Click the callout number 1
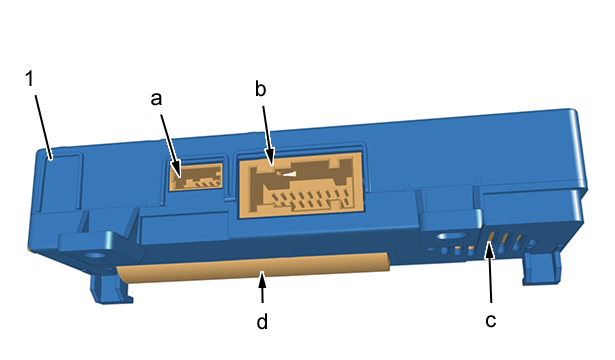coord(30,78)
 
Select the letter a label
coord(156,98)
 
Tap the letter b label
coord(260,88)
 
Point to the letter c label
coord(491,321)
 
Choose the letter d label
coord(262,321)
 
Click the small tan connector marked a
coord(196,177)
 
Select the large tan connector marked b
coord(301,185)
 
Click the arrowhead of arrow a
coord(177,171)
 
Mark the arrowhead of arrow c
coord(489,250)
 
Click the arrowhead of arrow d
coord(262,279)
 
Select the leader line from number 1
coord(43,127)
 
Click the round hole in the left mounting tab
coord(94,256)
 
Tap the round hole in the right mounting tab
coord(453,236)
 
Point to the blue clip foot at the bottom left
coord(111,287)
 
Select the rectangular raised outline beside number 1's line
coord(62,181)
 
